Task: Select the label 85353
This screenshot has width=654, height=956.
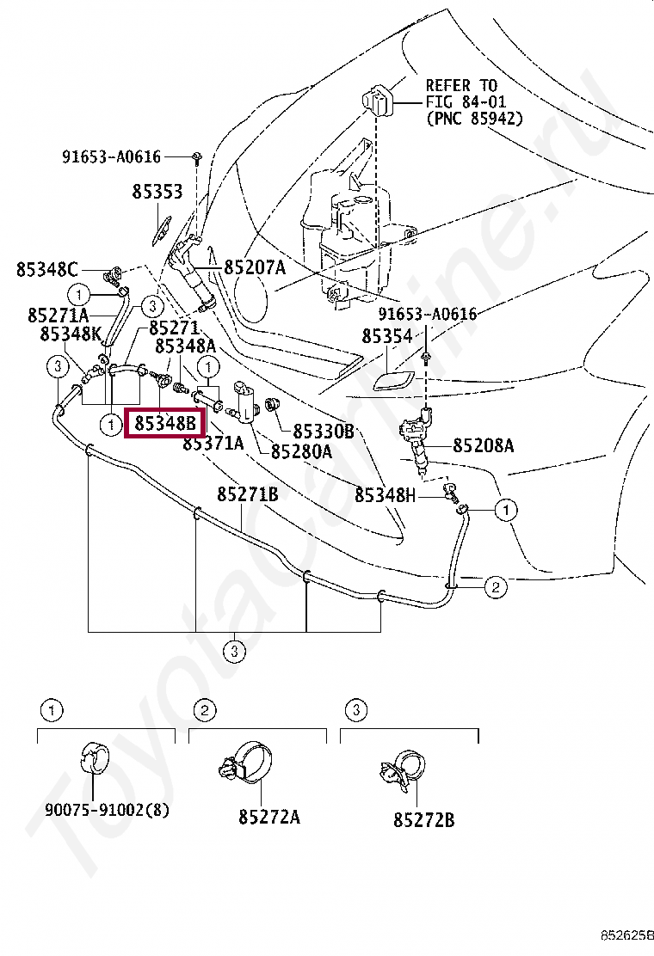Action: pos(157,192)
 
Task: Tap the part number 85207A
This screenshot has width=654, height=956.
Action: pos(255,268)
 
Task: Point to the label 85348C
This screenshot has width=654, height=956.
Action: pos(46,269)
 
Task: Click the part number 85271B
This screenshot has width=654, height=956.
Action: pos(247,495)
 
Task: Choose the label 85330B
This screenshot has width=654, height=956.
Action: pos(324,431)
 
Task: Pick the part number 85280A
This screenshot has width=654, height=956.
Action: pos(301,450)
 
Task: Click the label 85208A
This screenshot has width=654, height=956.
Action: pos(484,445)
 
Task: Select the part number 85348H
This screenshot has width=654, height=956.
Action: pos(386,495)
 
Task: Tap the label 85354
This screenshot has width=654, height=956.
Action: pos(387,337)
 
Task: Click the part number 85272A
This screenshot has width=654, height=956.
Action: pos(269,817)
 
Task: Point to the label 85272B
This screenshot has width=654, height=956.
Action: pos(423,820)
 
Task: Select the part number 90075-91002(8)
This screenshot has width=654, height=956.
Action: pos(108,811)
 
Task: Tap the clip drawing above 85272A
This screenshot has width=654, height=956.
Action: pos(248,761)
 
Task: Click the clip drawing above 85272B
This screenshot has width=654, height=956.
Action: pos(401,763)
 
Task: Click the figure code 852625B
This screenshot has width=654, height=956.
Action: pos(626,935)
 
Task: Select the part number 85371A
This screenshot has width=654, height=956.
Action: pos(213,443)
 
